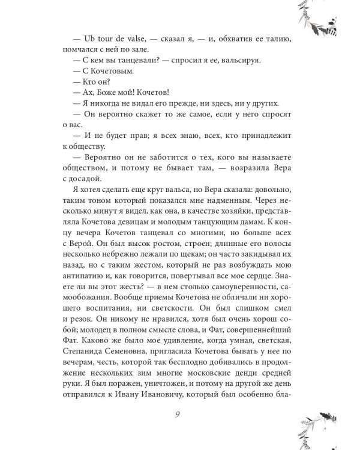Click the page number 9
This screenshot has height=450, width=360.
[x=180, y=413]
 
